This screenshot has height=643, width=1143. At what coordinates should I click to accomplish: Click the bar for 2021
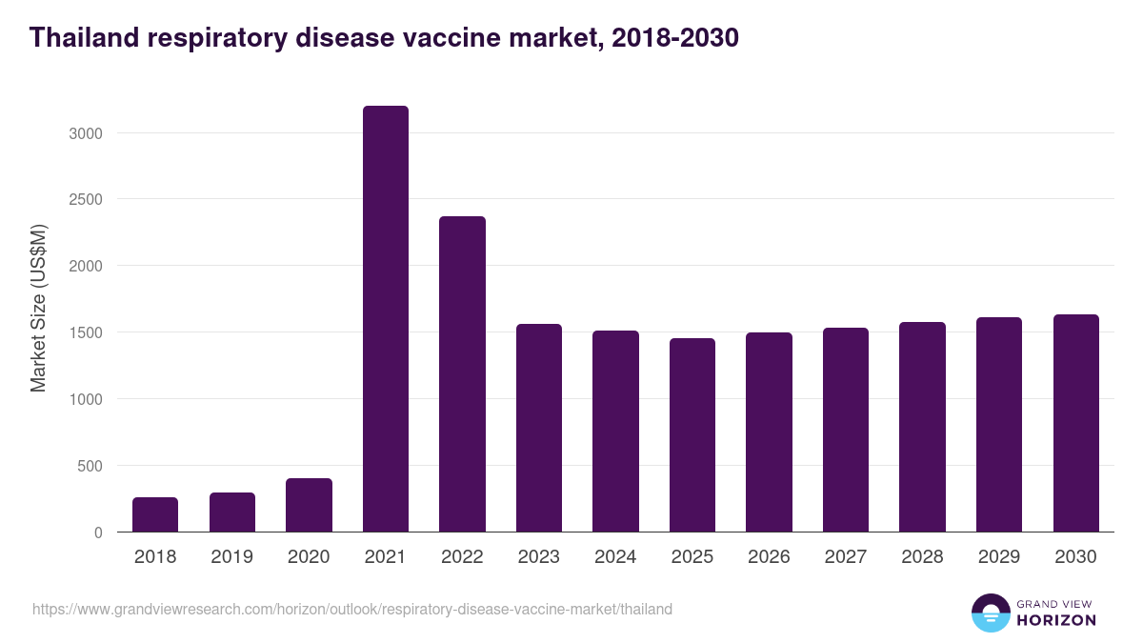(386, 319)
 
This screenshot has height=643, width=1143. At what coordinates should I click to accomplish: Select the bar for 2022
(462, 374)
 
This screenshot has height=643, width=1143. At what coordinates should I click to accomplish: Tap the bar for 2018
(155, 514)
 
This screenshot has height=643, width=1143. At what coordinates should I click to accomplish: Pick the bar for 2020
(309, 505)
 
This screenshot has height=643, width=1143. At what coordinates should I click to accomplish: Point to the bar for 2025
(692, 435)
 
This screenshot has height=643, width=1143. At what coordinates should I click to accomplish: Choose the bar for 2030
(1075, 423)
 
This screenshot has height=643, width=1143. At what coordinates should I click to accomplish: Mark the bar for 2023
(539, 428)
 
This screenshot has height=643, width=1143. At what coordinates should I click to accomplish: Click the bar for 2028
(922, 427)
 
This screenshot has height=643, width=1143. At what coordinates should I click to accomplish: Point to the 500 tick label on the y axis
(90, 466)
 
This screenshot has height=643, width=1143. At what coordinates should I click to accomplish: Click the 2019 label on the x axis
(231, 557)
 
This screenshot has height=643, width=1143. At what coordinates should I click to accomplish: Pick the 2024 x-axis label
(615, 557)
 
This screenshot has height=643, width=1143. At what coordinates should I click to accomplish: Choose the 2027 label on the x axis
(846, 557)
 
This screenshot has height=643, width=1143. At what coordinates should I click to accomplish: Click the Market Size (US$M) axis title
(38, 308)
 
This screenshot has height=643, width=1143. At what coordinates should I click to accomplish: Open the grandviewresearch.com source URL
(352, 609)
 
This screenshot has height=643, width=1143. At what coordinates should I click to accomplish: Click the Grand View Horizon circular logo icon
(990, 613)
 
